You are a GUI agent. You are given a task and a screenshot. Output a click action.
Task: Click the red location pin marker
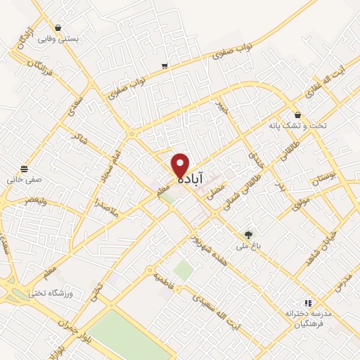[181, 165]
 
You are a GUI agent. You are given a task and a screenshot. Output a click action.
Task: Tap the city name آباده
[191, 180]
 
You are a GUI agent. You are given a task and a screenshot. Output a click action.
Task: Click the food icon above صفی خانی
[25, 169]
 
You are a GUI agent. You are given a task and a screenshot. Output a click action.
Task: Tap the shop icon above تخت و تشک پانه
[297, 115]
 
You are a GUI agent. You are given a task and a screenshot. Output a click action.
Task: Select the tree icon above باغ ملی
[247, 235]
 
